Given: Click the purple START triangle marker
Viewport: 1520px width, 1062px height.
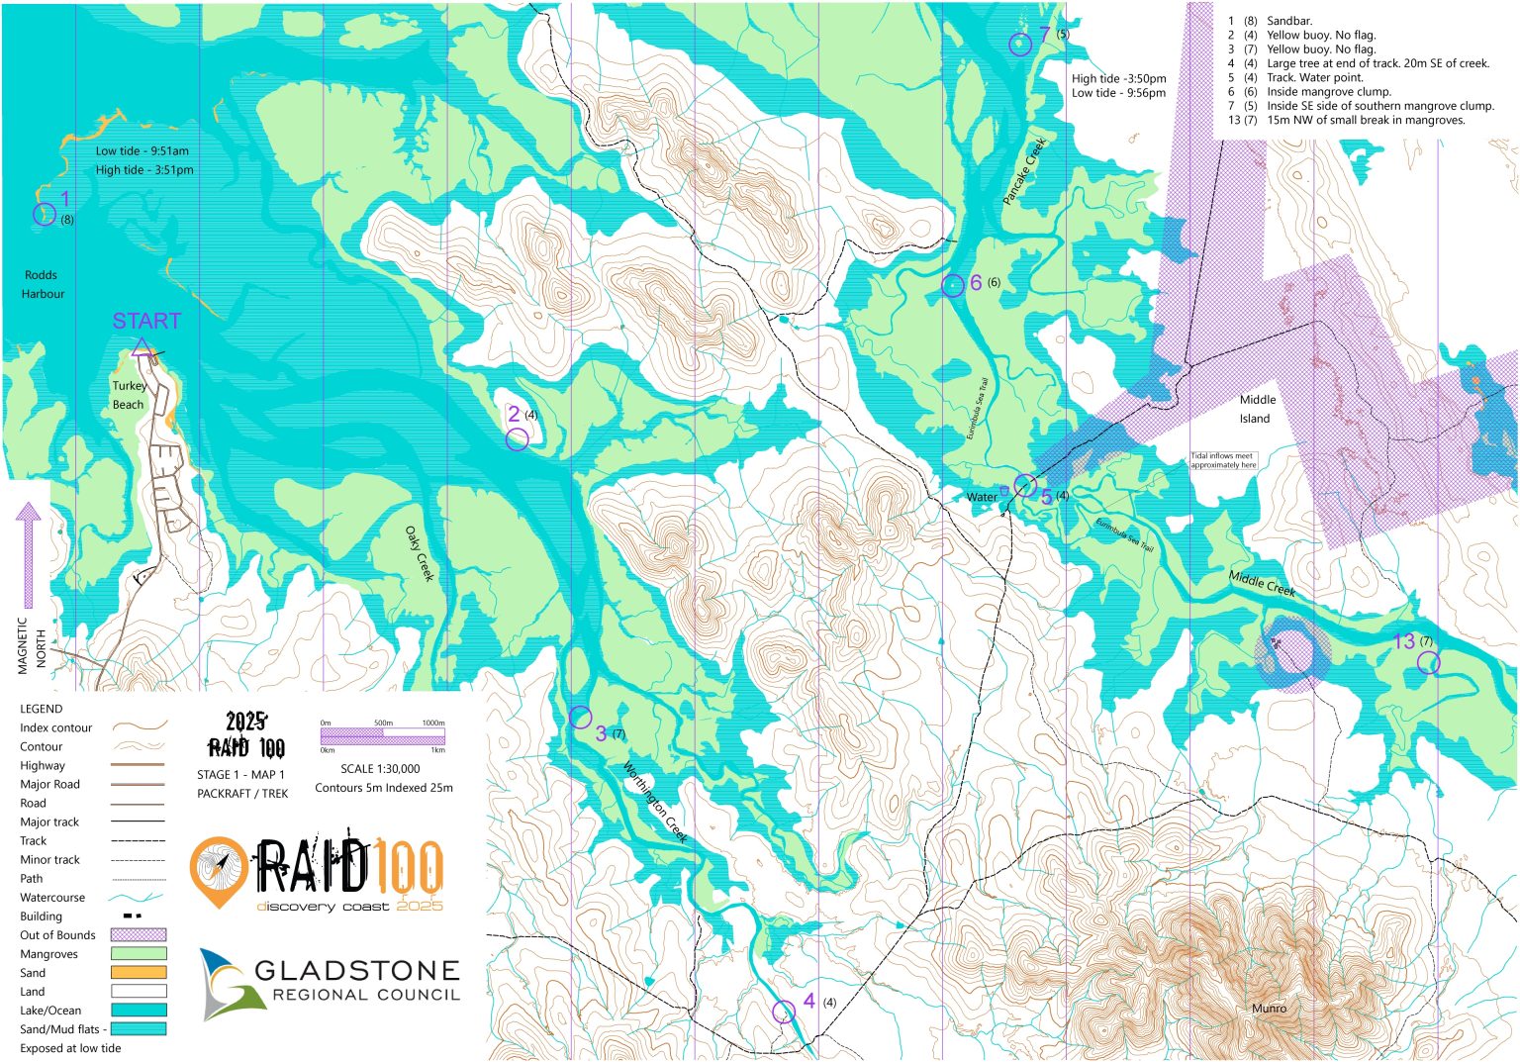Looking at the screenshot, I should [141, 347].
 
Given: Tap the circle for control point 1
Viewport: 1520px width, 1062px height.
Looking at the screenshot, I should [45, 214].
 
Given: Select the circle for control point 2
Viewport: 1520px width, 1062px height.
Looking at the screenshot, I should [517, 439].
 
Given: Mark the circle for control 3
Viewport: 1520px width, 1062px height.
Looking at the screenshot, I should [581, 717].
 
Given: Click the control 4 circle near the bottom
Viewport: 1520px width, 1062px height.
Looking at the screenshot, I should [783, 1012].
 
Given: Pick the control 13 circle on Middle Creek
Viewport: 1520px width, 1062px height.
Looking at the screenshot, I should [1428, 662].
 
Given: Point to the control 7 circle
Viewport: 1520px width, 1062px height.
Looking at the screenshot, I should [1019, 44].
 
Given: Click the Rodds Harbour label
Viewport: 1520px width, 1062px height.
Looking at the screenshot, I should [42, 284].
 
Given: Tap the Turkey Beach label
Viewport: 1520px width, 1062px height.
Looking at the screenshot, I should [129, 395].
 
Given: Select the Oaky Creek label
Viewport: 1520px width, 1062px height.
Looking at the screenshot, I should [420, 553].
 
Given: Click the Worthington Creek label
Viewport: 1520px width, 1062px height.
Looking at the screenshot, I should [655, 802].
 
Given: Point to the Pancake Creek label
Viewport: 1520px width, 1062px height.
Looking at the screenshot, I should [1024, 171].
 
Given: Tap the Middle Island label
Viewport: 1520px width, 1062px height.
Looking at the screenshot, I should [1257, 409].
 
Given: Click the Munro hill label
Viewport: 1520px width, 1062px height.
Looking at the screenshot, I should [1269, 1009].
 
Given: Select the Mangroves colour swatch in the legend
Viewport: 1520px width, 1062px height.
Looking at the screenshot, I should [139, 954].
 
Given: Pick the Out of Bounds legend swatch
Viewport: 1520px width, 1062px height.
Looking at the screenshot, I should [139, 935].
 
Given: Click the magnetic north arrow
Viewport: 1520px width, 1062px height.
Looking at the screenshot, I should [29, 554].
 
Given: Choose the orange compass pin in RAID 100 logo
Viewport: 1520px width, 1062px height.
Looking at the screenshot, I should [219, 870].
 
